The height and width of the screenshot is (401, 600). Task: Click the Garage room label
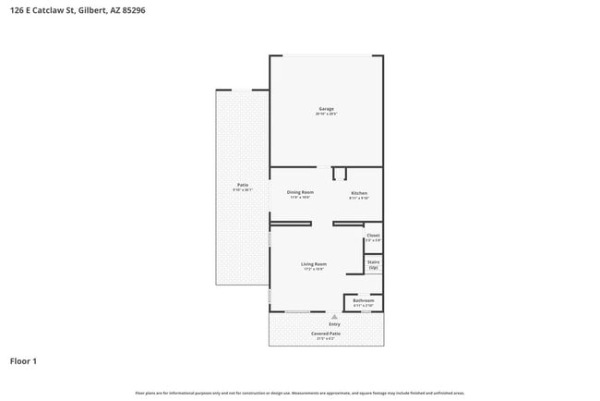(326, 109)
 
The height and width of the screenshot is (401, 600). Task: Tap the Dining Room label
(300, 192)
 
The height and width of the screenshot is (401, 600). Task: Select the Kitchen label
(358, 192)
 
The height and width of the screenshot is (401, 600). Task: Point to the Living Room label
(314, 264)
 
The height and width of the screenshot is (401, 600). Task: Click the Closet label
(373, 236)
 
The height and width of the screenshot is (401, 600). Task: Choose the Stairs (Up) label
(373, 264)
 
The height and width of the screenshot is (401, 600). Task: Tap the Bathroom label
(363, 300)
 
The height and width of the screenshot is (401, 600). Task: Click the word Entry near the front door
(334, 324)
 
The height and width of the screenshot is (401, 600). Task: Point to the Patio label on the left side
(243, 185)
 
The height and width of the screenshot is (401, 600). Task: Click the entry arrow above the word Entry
(334, 317)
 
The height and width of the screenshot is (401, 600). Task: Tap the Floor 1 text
(23, 361)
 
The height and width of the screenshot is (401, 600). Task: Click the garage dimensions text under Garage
(326, 114)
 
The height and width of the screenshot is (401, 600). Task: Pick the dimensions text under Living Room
(314, 270)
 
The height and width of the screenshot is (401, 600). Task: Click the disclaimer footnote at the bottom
(300, 392)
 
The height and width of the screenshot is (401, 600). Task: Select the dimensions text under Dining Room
(300, 197)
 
